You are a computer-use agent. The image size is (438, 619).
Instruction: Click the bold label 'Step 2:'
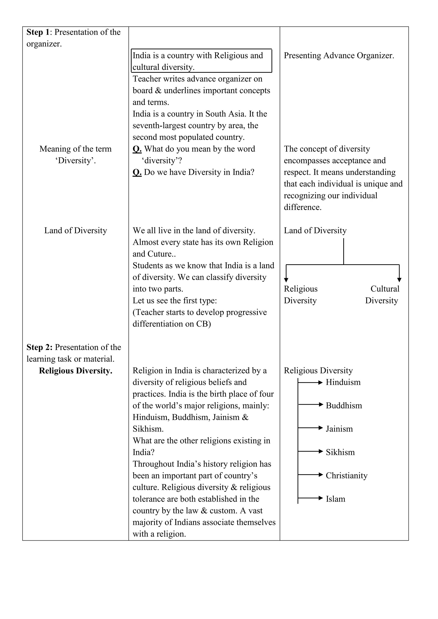39,347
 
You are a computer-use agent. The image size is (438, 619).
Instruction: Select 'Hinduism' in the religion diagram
343,382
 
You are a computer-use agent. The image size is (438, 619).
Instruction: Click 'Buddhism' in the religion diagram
344,405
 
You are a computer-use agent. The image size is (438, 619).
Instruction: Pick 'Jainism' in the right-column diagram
339,429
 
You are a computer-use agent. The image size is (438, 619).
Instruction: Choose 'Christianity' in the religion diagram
346,476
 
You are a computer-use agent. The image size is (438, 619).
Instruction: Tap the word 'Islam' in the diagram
336,499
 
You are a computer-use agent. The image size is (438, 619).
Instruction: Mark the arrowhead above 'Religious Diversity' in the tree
286,280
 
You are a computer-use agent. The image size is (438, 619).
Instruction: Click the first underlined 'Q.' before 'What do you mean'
137,149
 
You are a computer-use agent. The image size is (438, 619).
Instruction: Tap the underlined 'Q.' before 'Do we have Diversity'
137,172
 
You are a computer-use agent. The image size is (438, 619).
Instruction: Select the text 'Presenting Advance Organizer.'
339,56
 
